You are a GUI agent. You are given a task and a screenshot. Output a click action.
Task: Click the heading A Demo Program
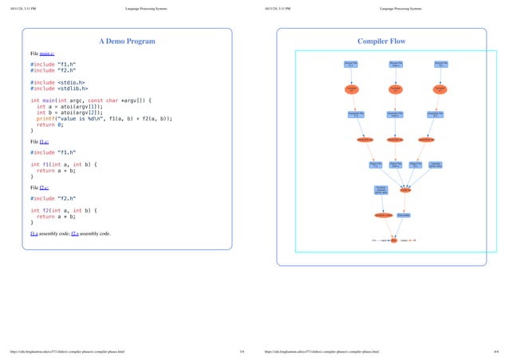point(127,41)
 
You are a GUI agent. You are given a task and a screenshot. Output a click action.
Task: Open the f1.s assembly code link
point(34,234)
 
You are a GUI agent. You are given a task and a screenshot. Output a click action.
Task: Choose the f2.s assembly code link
point(76,234)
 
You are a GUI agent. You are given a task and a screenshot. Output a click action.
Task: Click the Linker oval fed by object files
point(405,190)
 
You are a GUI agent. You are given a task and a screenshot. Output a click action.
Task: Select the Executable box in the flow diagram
point(404,215)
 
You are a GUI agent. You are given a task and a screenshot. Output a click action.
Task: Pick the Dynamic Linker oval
point(382,215)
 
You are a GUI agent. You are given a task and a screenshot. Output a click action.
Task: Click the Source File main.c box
point(395,63)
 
